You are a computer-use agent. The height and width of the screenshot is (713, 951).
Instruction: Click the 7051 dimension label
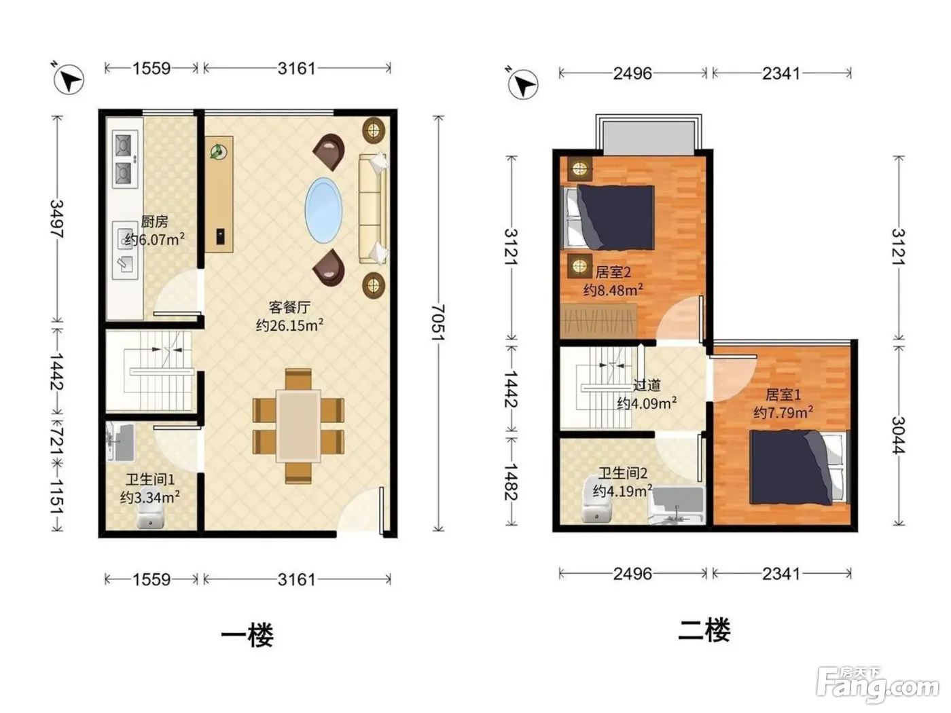(x=438, y=322)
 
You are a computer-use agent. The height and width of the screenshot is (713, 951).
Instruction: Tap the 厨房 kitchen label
(x=154, y=221)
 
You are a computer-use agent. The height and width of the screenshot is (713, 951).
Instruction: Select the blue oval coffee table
(x=323, y=211)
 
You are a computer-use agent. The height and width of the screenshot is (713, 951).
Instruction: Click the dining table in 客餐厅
(x=298, y=426)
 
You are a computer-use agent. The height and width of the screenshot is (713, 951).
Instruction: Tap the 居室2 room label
(x=613, y=272)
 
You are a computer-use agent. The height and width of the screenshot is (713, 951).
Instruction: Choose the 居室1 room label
(x=783, y=395)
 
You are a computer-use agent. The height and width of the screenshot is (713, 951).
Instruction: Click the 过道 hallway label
(x=647, y=385)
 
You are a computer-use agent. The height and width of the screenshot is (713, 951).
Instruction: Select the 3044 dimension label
(x=898, y=435)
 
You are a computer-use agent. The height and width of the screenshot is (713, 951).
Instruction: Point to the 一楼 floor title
(x=247, y=636)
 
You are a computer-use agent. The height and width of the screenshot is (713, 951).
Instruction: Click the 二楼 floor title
(x=704, y=630)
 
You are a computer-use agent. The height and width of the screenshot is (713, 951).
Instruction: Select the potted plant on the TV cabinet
(x=218, y=151)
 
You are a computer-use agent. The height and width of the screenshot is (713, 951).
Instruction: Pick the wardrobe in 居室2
(x=598, y=321)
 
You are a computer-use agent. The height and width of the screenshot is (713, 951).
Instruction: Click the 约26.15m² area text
(x=289, y=325)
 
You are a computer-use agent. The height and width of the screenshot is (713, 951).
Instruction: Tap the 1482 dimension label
(x=512, y=481)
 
